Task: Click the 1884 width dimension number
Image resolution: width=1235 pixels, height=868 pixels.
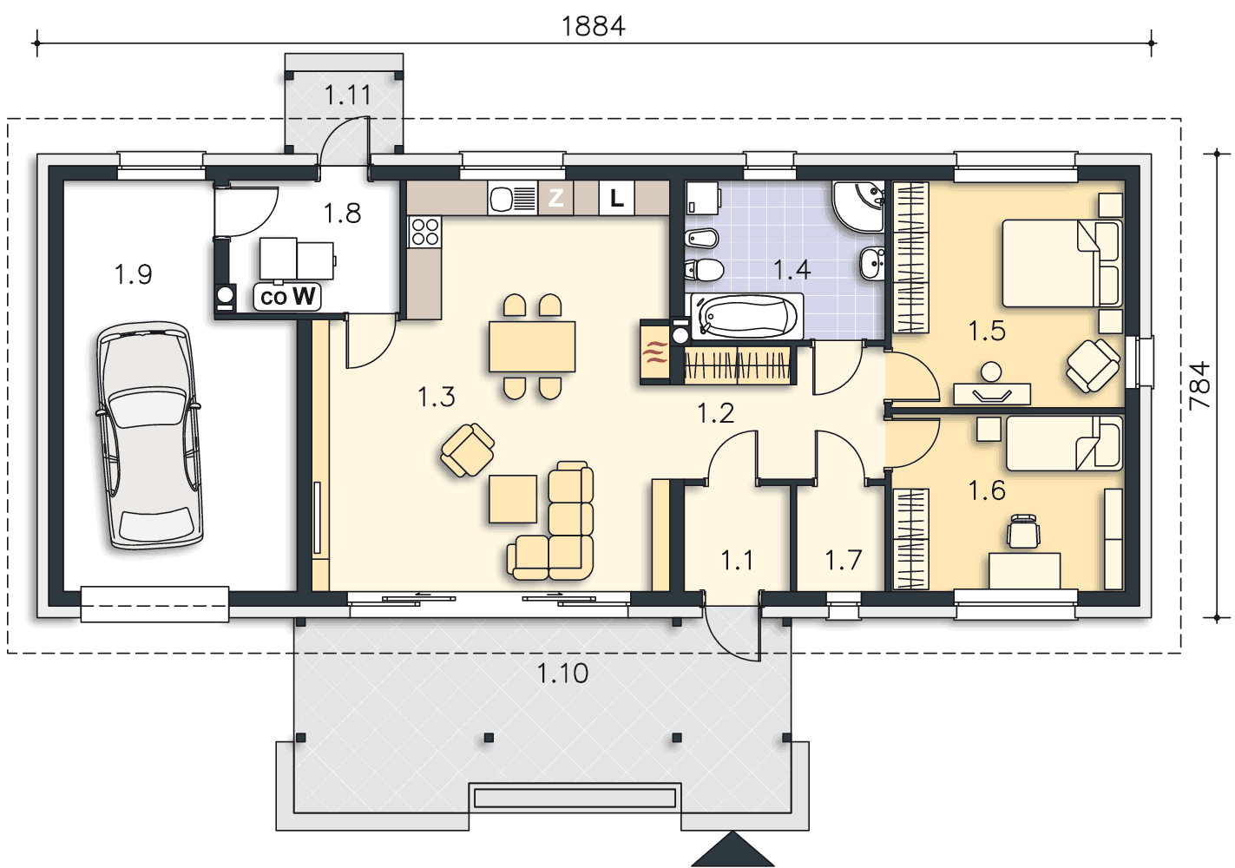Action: click(x=594, y=26)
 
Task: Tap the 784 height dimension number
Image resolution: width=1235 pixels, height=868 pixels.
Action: click(x=1199, y=386)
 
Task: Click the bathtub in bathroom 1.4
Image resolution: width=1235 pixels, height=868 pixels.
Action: click(x=747, y=316)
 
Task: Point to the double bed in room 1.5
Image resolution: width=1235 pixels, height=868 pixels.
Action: click(x=1062, y=263)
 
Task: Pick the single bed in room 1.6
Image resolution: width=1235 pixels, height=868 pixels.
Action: click(x=1064, y=443)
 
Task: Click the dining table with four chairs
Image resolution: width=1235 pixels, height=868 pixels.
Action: click(x=532, y=346)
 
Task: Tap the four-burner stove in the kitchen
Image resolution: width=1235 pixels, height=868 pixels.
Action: click(x=424, y=232)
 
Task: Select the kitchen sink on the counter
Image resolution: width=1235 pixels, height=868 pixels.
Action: click(x=513, y=198)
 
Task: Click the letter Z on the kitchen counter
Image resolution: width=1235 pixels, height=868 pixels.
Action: click(x=555, y=198)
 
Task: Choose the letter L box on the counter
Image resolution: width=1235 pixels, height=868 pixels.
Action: click(x=616, y=198)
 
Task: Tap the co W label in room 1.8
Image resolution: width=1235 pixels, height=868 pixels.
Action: click(x=287, y=297)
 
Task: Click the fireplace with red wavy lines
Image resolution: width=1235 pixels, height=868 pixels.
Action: click(x=654, y=352)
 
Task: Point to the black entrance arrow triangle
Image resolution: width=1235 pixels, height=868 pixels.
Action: click(x=732, y=849)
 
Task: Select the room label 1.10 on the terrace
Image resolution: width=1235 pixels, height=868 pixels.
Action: click(x=563, y=674)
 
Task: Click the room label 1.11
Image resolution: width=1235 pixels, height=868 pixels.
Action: click(x=347, y=95)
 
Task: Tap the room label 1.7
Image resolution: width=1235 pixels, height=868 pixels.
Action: click(x=843, y=560)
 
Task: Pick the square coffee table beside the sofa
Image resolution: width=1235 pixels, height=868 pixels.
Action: click(x=513, y=498)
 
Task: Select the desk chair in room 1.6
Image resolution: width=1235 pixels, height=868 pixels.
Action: click(x=1023, y=531)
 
